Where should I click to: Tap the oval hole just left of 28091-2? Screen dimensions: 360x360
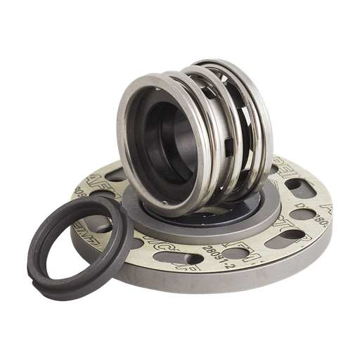tap(184, 262)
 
